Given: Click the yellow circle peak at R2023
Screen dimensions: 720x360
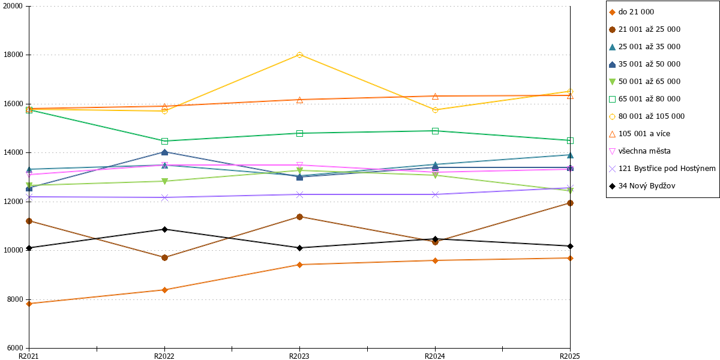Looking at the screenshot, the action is pyautogui.click(x=299, y=55).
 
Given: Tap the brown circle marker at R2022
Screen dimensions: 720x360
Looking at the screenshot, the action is pyautogui.click(x=164, y=258).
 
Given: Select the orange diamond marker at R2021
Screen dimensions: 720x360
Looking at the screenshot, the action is pyautogui.click(x=29, y=304).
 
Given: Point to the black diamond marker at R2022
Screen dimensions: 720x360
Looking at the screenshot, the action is pyautogui.click(x=164, y=229).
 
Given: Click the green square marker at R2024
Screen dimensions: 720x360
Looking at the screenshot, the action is pyautogui.click(x=435, y=131).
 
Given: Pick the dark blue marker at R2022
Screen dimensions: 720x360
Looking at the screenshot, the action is pyautogui.click(x=164, y=152).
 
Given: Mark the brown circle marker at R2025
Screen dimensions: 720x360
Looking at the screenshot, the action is pyautogui.click(x=570, y=203).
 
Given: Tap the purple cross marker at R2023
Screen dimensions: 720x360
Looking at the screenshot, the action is pyautogui.click(x=299, y=195).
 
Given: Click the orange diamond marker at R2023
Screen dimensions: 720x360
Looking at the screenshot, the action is pyautogui.click(x=299, y=265).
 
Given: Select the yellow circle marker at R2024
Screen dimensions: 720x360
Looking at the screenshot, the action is pyautogui.click(x=435, y=110).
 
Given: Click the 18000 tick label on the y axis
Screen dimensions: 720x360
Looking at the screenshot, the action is pyautogui.click(x=13, y=55).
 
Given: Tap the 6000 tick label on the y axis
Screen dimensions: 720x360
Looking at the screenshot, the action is pyautogui.click(x=15, y=348).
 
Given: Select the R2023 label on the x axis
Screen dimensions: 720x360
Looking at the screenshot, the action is pyautogui.click(x=299, y=356).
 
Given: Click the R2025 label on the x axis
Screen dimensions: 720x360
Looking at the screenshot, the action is pyautogui.click(x=570, y=356).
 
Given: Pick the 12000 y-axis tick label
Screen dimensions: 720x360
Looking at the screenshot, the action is pyautogui.click(x=13, y=202).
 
